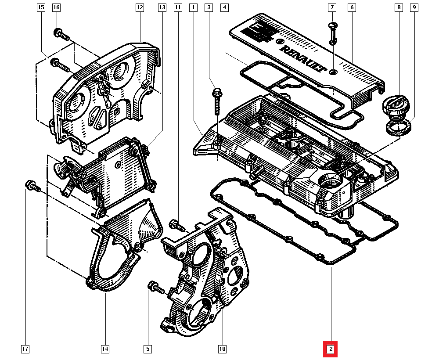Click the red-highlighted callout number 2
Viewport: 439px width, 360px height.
click(x=331, y=349)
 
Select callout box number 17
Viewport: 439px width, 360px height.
click(x=25, y=349)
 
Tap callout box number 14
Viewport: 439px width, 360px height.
click(x=104, y=349)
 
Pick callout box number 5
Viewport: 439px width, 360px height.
click(x=148, y=349)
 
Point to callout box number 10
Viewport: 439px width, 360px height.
click(x=222, y=349)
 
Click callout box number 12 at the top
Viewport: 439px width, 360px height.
click(x=140, y=7)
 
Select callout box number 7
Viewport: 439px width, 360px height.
click(x=332, y=7)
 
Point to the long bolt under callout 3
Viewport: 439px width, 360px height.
click(x=217, y=101)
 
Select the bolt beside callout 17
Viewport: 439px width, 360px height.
click(x=32, y=186)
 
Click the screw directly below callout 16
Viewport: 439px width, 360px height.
click(x=61, y=35)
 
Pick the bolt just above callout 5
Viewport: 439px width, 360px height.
click(x=156, y=288)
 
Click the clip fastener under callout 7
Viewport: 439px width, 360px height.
click(x=333, y=32)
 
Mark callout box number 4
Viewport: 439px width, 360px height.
click(x=224, y=7)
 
